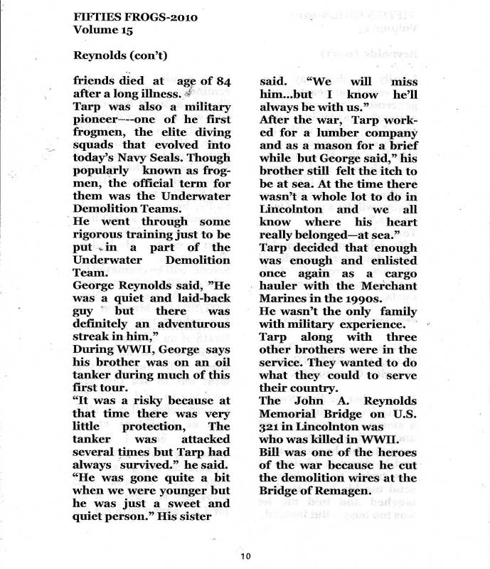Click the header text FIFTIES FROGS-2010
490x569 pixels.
(x=136, y=16)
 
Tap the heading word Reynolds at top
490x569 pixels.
(x=102, y=55)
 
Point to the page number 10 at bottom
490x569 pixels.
(x=245, y=555)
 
